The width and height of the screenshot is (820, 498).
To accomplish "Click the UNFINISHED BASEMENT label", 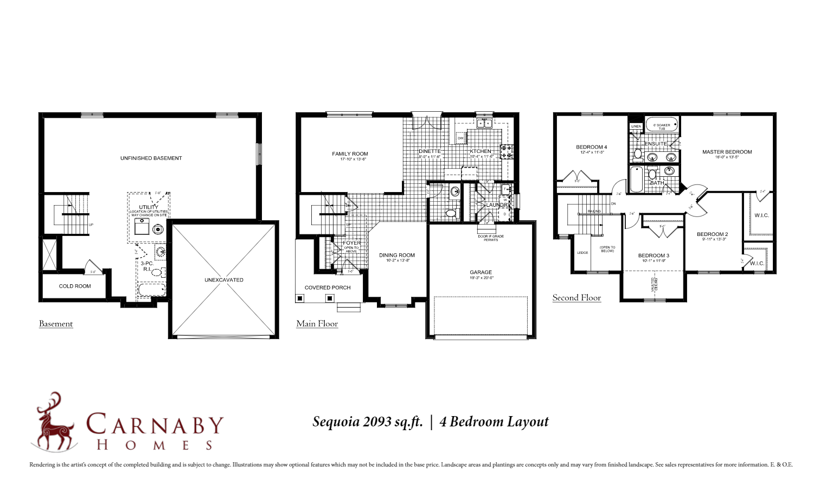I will point(151,158).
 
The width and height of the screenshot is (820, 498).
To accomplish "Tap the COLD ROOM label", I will point(75,286).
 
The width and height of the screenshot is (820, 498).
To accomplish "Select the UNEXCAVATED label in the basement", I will point(223,280).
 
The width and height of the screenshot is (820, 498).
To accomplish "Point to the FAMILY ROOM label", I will point(350,154).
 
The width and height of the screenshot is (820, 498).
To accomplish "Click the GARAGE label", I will point(481,272).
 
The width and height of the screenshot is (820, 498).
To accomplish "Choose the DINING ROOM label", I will point(396,255).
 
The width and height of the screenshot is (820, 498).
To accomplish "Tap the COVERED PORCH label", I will point(328,288).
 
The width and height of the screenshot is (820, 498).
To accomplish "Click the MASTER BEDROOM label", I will point(727,152).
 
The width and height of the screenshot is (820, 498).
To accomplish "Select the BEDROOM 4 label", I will point(591,147).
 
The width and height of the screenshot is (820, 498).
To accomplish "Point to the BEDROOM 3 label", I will point(654,256).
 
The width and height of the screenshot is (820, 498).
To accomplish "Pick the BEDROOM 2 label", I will point(712,234).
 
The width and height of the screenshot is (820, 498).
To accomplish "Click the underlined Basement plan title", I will point(56,324).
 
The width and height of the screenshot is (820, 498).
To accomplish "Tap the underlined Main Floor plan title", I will point(317,324).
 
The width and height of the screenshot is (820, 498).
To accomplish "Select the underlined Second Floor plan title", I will point(576,298).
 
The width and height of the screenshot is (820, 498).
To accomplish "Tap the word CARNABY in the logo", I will point(155,424).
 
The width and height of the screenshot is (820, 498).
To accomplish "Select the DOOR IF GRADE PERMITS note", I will point(490,238).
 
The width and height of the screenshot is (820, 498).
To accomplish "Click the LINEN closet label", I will point(636,126).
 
